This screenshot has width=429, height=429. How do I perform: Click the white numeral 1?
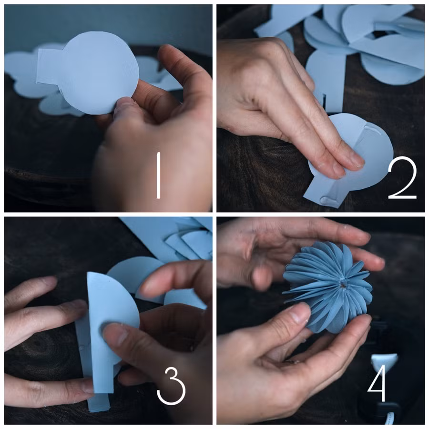158,175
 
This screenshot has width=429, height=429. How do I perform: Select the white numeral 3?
171,386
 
